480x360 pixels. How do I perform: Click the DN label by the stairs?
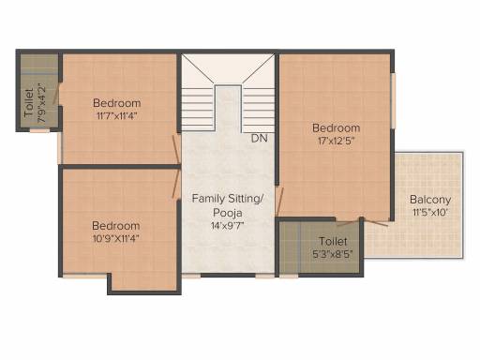pyautogui.click(x=260, y=138)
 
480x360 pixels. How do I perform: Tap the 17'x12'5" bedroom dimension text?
pyautogui.click(x=337, y=141)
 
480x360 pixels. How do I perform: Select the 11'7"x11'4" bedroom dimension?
pyautogui.click(x=117, y=116)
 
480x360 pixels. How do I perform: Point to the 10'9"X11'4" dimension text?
pyautogui.click(x=116, y=238)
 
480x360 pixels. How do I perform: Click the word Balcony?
pyautogui.click(x=430, y=200)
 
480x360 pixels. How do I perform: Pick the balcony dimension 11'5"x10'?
pyautogui.click(x=430, y=213)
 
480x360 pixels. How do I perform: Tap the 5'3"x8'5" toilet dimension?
pyautogui.click(x=333, y=254)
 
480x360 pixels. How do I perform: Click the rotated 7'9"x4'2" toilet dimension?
pyautogui.click(x=41, y=103)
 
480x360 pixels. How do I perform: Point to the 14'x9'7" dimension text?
pyautogui.click(x=227, y=226)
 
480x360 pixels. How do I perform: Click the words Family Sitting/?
pyautogui.click(x=228, y=199)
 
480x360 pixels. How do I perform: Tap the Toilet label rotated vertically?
pyautogui.click(x=29, y=103)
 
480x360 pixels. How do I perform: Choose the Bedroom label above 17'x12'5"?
pyautogui.click(x=337, y=127)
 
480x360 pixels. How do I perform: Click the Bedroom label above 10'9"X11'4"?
pyautogui.click(x=116, y=226)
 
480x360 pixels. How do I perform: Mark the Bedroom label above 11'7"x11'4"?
pyautogui.click(x=117, y=103)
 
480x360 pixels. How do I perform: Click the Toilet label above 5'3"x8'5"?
pyautogui.click(x=333, y=241)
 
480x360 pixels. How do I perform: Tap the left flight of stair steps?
pyautogui.click(x=198, y=109)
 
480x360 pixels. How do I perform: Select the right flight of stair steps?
pyautogui.click(x=258, y=109)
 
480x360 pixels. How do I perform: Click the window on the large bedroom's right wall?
pyautogui.click(x=394, y=100)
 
